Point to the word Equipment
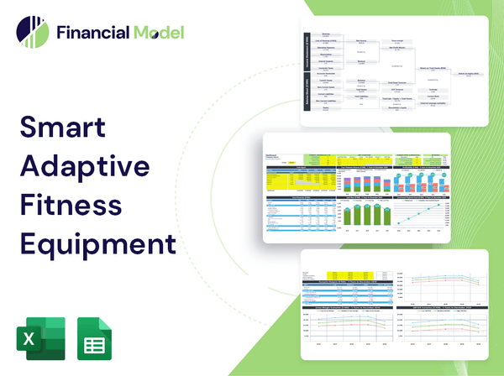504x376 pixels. [x=97, y=244]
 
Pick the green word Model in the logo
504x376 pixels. [x=157, y=33]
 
